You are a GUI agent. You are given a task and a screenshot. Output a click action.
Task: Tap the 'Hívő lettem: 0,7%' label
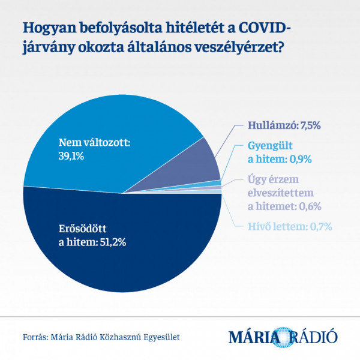tap(289, 226)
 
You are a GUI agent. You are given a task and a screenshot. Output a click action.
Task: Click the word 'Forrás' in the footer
tap(35, 337)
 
